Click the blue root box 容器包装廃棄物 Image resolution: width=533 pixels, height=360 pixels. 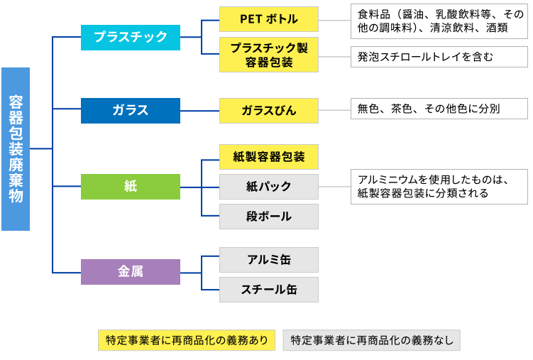[16, 149]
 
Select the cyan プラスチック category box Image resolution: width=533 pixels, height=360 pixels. [131, 37]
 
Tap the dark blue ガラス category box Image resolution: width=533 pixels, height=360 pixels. [131, 111]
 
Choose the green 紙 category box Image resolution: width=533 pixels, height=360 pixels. [131, 186]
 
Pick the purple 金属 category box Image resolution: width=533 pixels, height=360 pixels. [131, 271]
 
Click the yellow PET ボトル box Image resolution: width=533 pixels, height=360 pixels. [269, 19]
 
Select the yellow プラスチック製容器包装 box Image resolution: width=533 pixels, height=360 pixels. [269, 55]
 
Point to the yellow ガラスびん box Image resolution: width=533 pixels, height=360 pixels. [269, 111]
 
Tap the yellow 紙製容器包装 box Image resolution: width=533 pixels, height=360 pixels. [269, 156]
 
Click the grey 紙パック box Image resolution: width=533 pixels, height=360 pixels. [269, 187]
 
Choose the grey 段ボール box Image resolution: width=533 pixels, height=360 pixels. [269, 217]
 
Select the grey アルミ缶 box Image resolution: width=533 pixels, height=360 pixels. [269, 260]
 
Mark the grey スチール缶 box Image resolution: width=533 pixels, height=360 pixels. [269, 290]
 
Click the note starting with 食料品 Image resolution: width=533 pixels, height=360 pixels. [439, 21]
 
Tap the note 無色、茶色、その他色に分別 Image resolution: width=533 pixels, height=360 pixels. [439, 109]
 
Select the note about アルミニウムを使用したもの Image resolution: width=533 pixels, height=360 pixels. [439, 187]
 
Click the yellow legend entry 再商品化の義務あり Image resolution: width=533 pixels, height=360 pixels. [187, 340]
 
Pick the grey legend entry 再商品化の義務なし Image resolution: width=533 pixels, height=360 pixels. [372, 340]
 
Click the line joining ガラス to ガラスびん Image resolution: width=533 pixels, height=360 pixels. [199, 111]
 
